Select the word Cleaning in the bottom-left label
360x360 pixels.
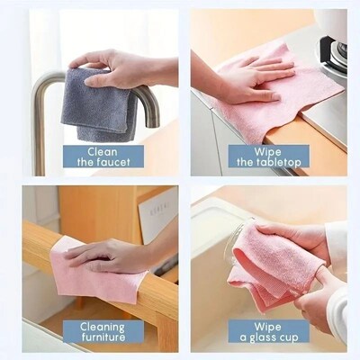click(x=102, y=328)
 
